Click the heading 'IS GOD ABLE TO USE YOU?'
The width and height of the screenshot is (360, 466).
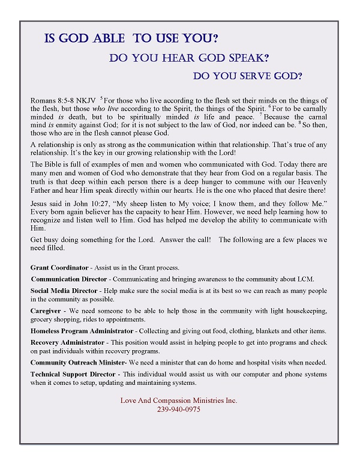tap(131, 39)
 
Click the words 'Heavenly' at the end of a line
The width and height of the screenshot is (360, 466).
tap(311, 173)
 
